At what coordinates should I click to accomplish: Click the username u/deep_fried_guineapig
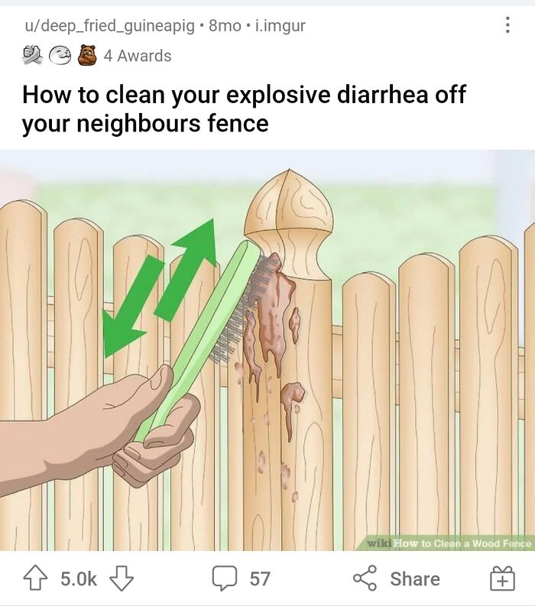(x=110, y=26)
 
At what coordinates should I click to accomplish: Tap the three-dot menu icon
(x=508, y=25)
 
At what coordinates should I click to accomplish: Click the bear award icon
(x=87, y=55)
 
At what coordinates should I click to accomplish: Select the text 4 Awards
(x=138, y=56)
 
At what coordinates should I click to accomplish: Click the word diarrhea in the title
(x=382, y=95)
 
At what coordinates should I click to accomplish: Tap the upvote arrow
(x=36, y=578)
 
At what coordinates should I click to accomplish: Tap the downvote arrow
(x=122, y=578)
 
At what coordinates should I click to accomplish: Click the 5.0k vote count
(x=79, y=578)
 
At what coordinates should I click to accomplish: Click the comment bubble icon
(x=224, y=578)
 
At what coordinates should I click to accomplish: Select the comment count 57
(x=259, y=578)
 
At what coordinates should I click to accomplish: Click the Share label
(x=415, y=578)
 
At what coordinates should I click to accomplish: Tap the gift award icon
(x=503, y=578)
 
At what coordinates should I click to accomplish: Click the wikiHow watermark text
(x=449, y=543)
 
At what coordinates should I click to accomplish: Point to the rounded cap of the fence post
(x=288, y=205)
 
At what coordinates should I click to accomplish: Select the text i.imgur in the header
(x=280, y=26)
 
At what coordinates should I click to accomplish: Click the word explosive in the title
(x=278, y=96)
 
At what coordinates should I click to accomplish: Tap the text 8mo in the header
(x=225, y=26)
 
